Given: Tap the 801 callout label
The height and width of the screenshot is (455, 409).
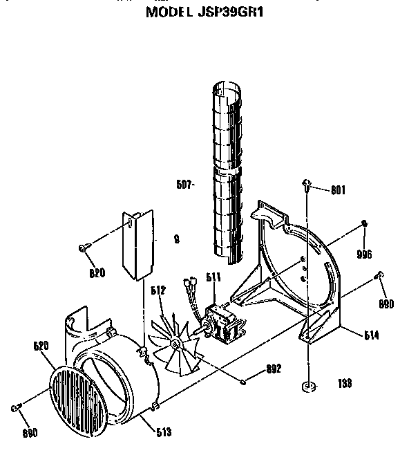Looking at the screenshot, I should (337, 190).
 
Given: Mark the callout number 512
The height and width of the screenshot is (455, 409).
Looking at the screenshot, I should (158, 291).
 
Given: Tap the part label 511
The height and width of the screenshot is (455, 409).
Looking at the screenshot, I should (214, 277).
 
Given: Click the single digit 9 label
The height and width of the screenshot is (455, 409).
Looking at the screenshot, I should (177, 241).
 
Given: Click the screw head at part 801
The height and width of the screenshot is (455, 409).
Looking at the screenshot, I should (305, 183).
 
